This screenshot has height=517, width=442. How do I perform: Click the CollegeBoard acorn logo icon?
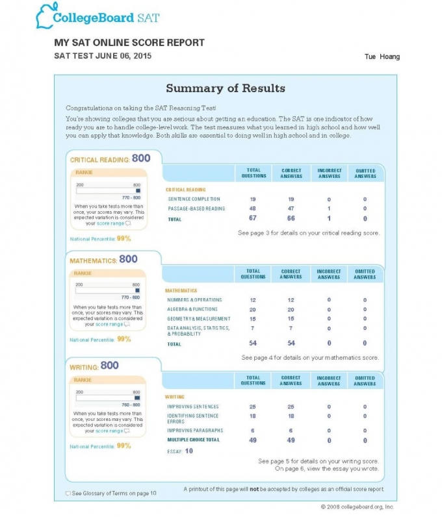45,15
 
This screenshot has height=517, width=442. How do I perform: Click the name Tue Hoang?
382,57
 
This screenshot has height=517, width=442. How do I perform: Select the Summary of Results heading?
225,88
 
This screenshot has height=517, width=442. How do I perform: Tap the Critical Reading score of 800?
141,158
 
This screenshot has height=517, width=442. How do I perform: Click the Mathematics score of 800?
128,259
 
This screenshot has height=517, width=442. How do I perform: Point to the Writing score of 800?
109,366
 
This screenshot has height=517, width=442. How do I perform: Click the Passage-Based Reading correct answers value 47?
291,208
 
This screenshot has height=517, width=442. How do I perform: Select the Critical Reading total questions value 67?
253,219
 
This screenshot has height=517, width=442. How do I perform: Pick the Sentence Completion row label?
194,199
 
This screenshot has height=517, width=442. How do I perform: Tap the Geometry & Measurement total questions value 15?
253,319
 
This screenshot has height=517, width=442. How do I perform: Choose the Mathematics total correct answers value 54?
291,343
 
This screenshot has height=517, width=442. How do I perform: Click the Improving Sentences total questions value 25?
253,407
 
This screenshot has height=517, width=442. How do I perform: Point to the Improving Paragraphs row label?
194,431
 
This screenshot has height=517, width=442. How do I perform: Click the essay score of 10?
188,451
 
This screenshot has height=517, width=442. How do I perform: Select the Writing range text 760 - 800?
130,405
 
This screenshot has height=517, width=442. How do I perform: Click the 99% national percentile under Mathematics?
123,339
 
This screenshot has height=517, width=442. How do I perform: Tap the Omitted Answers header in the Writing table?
365,381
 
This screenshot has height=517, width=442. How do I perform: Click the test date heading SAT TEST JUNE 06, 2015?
103,56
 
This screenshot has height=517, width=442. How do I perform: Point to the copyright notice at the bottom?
357,507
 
